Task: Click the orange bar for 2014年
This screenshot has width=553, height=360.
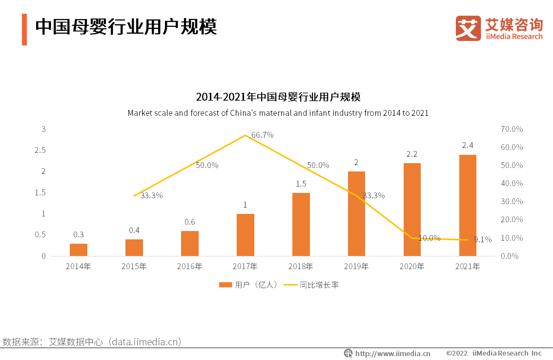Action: click(79, 250)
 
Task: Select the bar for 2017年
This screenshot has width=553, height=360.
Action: click(245, 235)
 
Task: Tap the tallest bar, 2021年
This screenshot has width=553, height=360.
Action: click(468, 205)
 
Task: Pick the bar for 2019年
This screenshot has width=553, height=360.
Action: click(356, 213)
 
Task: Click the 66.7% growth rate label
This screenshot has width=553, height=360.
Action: click(262, 135)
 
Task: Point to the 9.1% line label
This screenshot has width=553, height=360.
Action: click(483, 239)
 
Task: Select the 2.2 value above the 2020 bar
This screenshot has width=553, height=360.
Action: click(411, 154)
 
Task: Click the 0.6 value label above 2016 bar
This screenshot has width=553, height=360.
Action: click(189, 222)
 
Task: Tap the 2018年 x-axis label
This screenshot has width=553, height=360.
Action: click(301, 267)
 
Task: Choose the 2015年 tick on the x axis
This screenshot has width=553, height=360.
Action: click(134, 267)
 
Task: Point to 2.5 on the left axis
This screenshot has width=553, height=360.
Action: click(40, 150)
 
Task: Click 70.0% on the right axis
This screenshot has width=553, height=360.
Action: click(512, 129)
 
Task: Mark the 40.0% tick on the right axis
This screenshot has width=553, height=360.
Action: click(512, 183)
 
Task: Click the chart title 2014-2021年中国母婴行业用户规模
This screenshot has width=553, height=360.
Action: click(278, 96)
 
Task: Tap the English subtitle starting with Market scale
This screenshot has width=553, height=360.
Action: click(278, 113)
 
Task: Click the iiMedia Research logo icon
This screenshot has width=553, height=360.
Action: click(468, 28)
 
